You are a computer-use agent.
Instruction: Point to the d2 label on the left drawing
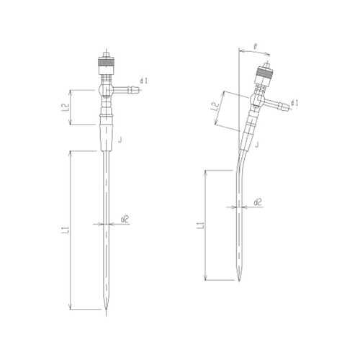125,217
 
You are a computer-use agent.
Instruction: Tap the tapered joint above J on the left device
105,135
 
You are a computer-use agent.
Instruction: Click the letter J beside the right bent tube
256,145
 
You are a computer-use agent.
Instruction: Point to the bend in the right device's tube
241,162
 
